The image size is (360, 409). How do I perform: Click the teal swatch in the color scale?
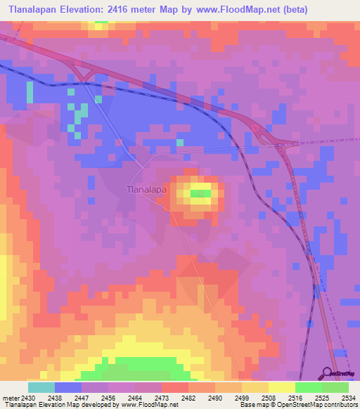tap(41, 387)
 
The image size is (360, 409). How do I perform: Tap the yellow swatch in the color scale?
tap(281, 387)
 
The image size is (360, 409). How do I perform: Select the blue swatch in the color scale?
tap(67, 387)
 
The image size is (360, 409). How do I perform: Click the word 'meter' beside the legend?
tap(11, 398)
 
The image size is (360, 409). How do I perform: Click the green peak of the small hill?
tap(201, 193)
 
